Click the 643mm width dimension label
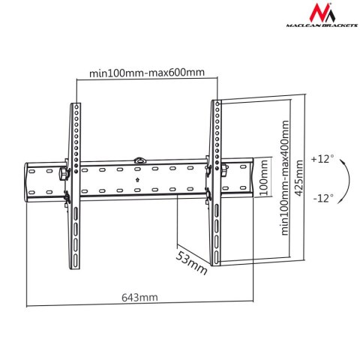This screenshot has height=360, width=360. click(x=141, y=297)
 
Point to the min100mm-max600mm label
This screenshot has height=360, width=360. click(x=147, y=73)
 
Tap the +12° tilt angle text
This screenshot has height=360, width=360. click(x=323, y=159)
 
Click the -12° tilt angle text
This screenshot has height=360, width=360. click(x=323, y=198)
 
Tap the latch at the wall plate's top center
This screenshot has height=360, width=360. click(x=139, y=160)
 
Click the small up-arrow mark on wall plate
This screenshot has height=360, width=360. click(x=139, y=179)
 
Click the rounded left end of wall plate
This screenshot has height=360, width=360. click(x=30, y=180)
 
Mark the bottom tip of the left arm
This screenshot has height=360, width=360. click(x=74, y=266)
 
